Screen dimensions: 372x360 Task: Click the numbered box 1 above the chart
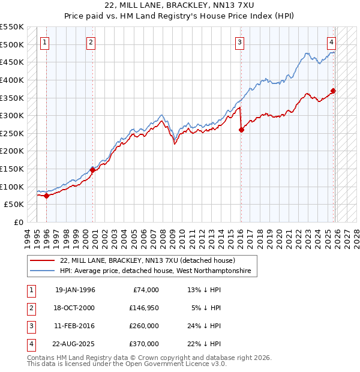tap(46, 42)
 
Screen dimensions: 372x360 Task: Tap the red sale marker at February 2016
tap(241, 130)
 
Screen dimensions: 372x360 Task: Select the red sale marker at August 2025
tap(334, 91)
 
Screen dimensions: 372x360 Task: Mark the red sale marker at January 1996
tap(47, 196)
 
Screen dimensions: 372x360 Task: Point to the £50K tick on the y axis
tap(14, 205)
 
